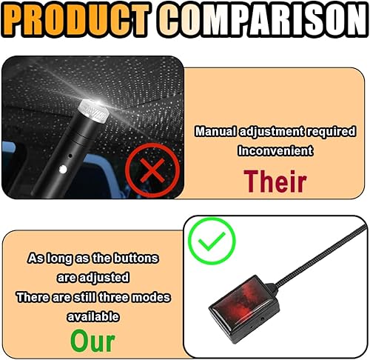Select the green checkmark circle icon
211,240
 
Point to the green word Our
92,340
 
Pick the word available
93,316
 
